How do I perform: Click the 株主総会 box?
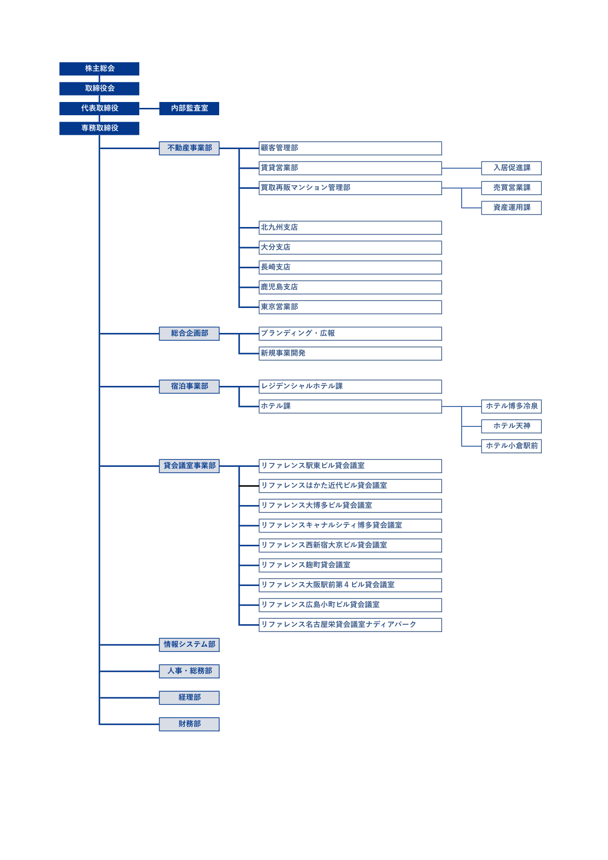(99, 69)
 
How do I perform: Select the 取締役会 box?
(99, 88)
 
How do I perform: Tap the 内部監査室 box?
(189, 108)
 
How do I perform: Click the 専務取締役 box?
(99, 128)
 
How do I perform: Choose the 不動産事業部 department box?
(189, 148)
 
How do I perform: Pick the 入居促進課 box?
(511, 168)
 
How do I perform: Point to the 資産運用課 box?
(511, 208)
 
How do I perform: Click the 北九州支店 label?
(279, 228)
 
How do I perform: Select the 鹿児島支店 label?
(279, 287)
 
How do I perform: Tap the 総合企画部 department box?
(189, 333)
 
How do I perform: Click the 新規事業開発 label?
(283, 354)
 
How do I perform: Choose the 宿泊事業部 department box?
(189, 386)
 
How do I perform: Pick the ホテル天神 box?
(511, 426)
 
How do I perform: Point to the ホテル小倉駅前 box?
(511, 446)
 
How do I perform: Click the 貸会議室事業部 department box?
(189, 466)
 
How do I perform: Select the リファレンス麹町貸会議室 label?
(305, 565)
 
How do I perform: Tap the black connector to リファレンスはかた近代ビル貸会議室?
(249, 486)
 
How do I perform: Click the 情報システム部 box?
(189, 645)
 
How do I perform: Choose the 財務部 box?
(189, 724)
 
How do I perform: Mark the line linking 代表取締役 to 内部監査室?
(149, 108)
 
